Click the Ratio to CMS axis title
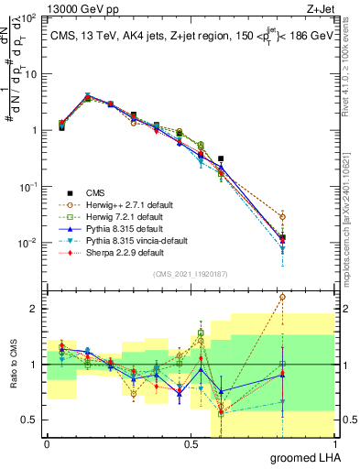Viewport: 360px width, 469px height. tap(12, 365)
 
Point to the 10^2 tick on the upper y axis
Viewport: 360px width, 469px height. tap(30, 18)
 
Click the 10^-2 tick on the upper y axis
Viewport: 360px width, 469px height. tap(29, 243)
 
